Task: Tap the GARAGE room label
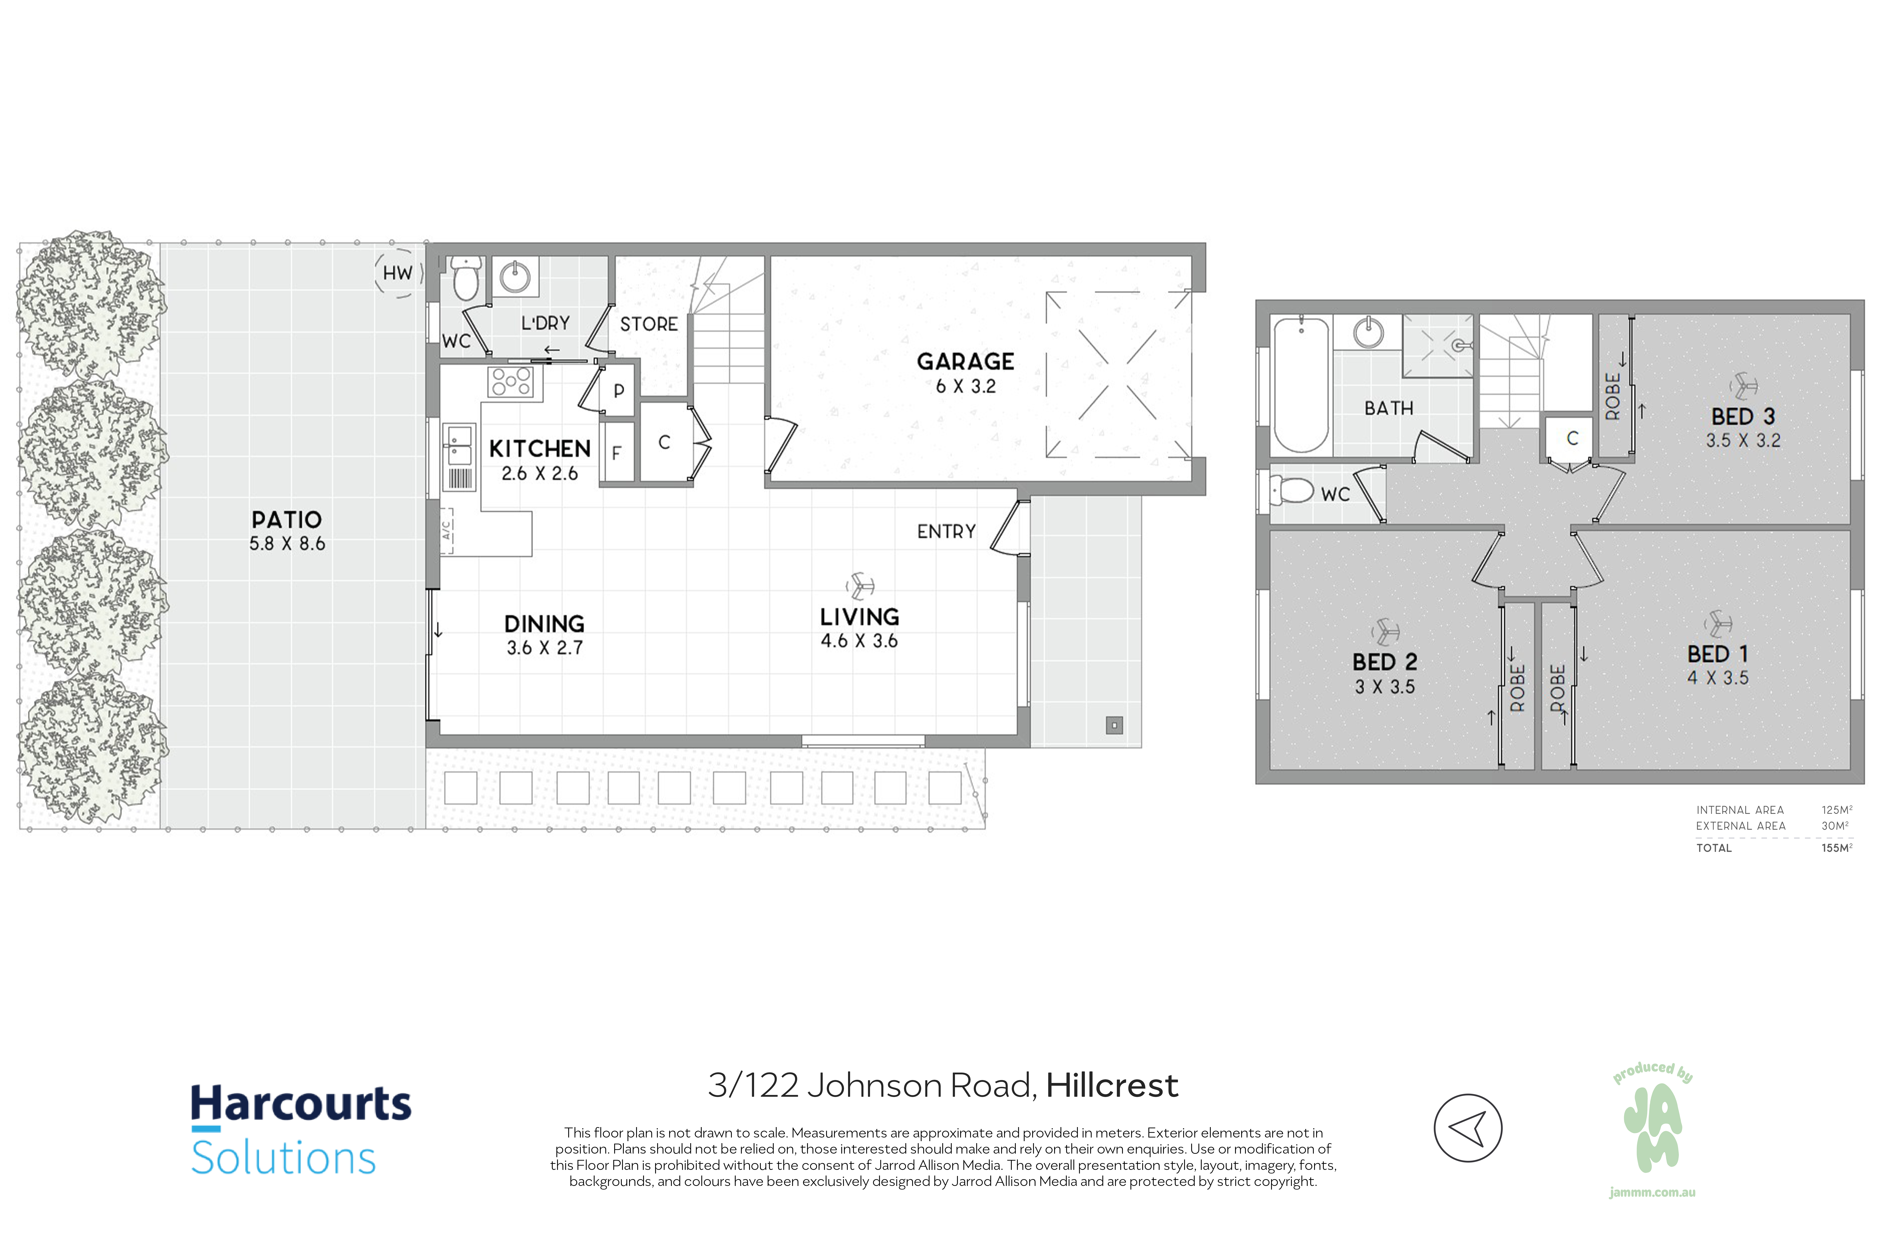[966, 361]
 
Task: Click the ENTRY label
[946, 531]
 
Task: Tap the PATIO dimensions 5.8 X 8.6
[287, 544]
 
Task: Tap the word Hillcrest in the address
[1111, 1085]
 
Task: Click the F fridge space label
[617, 453]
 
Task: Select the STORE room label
[649, 324]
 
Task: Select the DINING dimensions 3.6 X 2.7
[545, 648]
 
